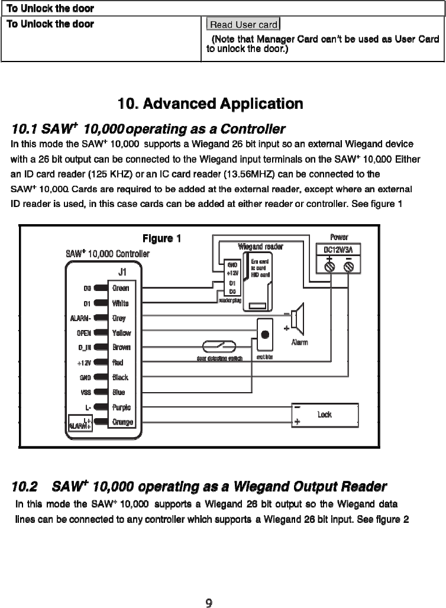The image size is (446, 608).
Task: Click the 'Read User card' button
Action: coord(243,25)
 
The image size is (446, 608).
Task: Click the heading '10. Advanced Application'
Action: coord(211,104)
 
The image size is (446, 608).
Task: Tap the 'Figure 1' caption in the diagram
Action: coord(161,239)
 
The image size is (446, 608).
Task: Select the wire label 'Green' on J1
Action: coord(121,288)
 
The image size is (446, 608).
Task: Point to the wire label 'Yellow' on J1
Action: coord(121,333)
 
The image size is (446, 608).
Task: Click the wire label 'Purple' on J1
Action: coord(121,408)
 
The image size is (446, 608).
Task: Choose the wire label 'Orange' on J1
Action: coord(122,422)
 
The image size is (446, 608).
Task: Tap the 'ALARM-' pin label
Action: coord(80,318)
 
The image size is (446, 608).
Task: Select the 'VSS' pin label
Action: coord(84,392)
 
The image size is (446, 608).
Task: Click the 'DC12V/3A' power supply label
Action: coord(339,250)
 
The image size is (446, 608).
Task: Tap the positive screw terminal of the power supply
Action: coord(329,266)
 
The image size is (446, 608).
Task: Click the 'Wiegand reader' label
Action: coord(258,247)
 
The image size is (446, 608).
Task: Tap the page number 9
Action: coord(209,603)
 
